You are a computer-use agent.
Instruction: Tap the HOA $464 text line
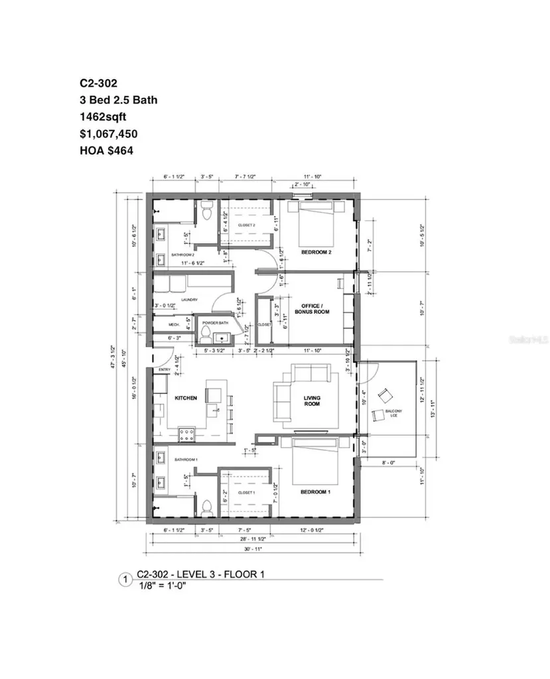pos(106,151)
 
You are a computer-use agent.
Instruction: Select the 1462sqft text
pos(103,117)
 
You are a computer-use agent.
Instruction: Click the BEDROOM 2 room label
pos(316,252)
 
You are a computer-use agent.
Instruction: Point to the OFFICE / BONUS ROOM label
pos(316,308)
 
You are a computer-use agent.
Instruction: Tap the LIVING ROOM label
pos(312,401)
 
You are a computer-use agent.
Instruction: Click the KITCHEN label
pos(186,398)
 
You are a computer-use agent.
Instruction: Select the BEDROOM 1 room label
pos(315,492)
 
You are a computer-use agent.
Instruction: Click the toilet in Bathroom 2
pos(207,212)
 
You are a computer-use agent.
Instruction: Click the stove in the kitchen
pos(186,436)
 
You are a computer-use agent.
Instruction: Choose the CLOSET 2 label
pos(247,225)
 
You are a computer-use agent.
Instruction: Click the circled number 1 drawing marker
pos(124,580)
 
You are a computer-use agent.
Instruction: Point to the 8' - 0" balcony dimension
pos(387,463)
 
